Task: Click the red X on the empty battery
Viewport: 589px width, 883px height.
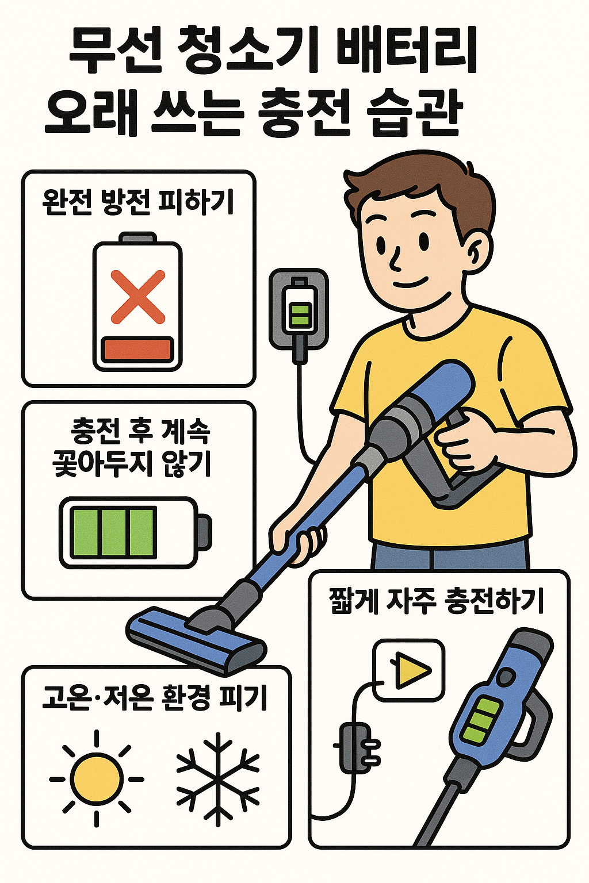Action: pos(138,297)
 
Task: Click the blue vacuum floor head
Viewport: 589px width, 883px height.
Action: pos(196,638)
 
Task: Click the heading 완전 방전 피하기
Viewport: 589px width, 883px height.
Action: pos(138,202)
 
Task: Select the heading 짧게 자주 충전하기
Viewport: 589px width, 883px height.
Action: pos(437,601)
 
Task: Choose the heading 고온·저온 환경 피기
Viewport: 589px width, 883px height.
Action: pos(155,698)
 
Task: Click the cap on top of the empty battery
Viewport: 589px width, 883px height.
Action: pos(138,237)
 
